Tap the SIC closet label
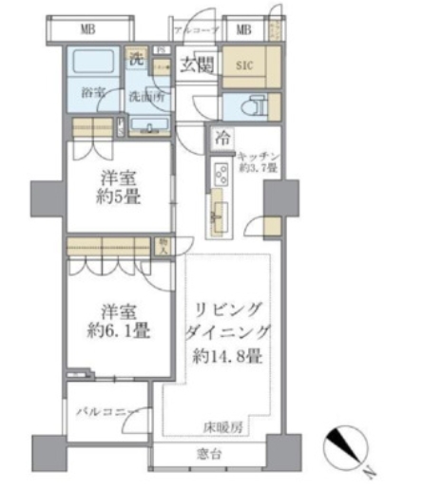click(x=244, y=66)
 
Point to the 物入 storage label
click(x=163, y=246)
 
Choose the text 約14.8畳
click(x=230, y=359)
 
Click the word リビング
click(x=229, y=310)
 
